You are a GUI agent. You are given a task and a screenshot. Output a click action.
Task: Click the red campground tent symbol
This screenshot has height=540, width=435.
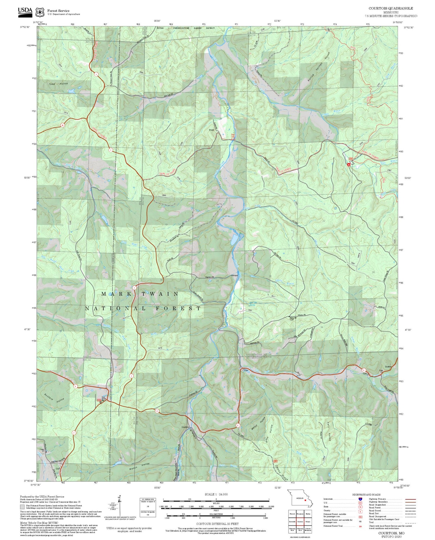pos(349,164)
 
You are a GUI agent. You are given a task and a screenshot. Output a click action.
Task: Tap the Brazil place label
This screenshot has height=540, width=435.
pos(212,130)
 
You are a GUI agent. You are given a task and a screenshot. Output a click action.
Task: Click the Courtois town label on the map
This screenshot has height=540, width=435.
pos(185,427)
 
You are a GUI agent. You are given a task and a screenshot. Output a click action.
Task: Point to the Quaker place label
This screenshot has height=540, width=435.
pos(388,367)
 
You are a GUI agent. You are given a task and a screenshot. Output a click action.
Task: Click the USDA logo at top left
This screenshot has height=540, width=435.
pos(25,11)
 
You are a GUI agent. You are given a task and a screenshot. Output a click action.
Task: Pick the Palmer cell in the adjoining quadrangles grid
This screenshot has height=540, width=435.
pos(308,521)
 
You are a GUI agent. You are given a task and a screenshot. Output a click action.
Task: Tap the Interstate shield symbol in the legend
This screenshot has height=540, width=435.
pos(360,499)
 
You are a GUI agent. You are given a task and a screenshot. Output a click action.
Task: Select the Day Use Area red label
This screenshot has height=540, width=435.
pos(233,136)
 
